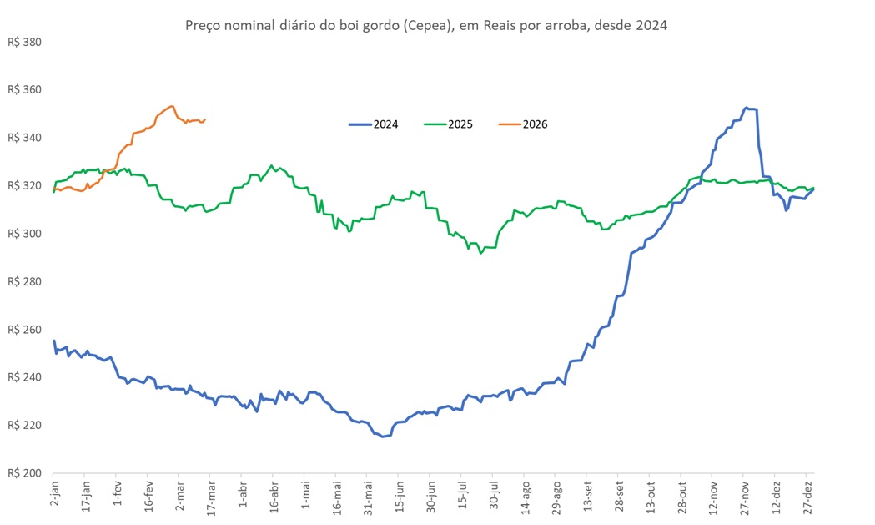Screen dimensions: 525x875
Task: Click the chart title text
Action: [425, 26]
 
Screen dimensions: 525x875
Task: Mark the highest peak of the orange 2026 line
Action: [171, 106]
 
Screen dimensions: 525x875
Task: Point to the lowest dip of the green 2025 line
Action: [480, 252]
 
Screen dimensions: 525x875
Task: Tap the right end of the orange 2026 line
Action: [205, 119]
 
